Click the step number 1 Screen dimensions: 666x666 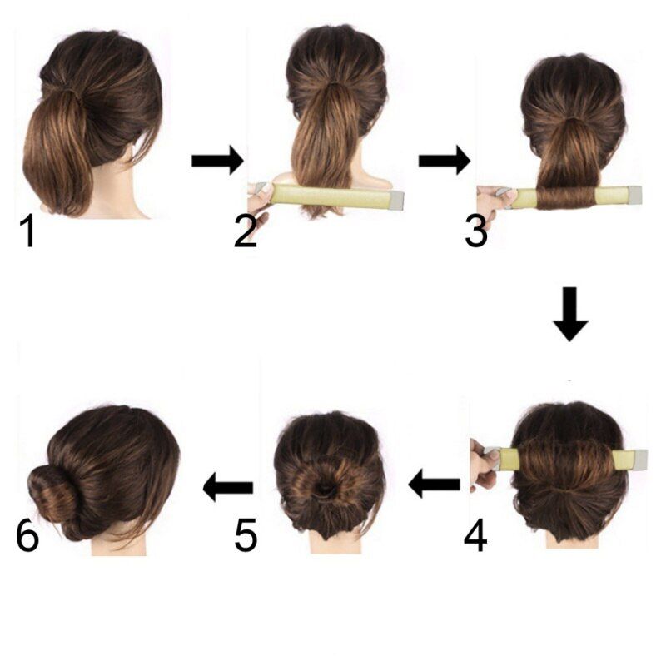pos(28,231)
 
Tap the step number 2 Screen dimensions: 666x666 pos(245,231)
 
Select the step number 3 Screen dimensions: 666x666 pos(476,231)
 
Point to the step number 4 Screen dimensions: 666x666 pos(475,536)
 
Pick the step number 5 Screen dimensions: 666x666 pos(246,536)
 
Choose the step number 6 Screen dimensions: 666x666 pos(27,536)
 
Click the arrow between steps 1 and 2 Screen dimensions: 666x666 pos(217,161)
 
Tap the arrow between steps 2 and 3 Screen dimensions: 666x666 pos(445,161)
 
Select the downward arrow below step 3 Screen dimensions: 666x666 pos(570,315)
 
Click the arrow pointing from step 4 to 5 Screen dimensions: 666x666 pos(434,484)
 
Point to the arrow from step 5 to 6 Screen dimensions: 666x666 pos(228,487)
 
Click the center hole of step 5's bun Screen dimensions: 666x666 pos(325,489)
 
